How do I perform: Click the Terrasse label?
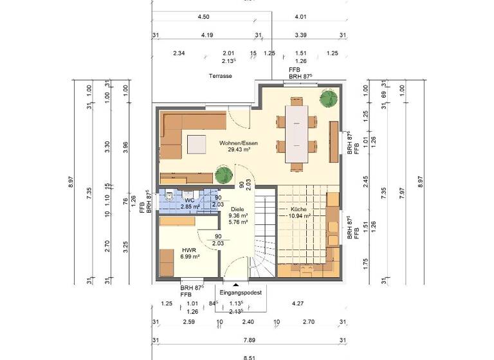220,76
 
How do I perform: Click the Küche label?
298,210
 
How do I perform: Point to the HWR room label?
188,250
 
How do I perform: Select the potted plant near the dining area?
329,97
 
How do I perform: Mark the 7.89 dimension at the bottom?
247,340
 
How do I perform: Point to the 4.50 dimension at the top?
204,17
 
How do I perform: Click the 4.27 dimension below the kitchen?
298,303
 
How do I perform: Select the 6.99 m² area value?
190,257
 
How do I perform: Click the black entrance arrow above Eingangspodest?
236,283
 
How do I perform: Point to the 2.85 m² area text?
190,207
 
